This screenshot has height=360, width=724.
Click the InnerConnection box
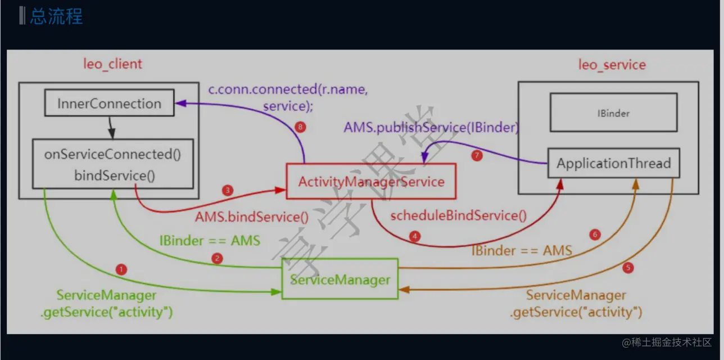click(109, 103)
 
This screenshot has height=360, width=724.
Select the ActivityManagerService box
click(371, 181)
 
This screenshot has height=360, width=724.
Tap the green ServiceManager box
click(340, 279)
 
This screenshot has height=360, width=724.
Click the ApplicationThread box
click(614, 163)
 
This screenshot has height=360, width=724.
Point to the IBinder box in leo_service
click(614, 112)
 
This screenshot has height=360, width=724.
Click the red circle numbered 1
click(121, 269)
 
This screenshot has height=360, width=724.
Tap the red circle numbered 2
click(217, 258)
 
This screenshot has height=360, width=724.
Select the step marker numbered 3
click(228, 190)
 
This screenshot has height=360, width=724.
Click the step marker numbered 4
click(415, 236)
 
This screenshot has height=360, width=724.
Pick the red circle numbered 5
click(628, 268)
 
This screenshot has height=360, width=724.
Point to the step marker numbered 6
click(595, 235)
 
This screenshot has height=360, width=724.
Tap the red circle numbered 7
click(477, 155)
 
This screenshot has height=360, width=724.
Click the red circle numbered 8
click(300, 127)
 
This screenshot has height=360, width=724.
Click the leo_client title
click(112, 64)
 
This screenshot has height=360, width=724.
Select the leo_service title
click(612, 65)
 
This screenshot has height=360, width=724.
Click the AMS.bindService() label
click(252, 217)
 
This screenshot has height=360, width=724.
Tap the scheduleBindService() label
click(458, 215)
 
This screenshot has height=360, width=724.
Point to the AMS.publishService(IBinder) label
click(431, 128)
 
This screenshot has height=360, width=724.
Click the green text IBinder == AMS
click(210, 241)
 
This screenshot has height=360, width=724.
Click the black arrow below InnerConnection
click(111, 128)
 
